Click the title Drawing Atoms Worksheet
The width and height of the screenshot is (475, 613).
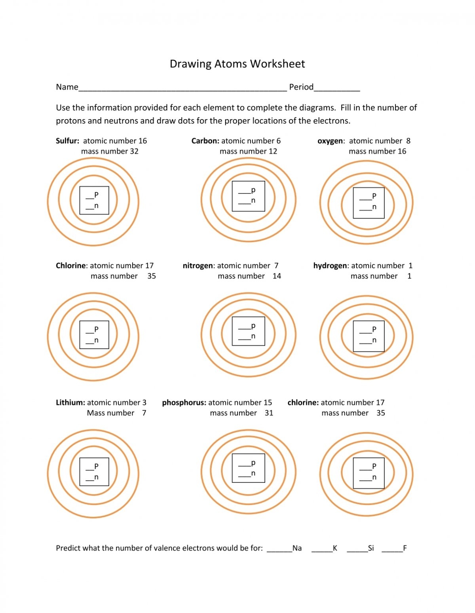237,64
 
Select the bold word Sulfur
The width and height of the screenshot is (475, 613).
67,141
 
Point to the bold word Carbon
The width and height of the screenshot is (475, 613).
205,141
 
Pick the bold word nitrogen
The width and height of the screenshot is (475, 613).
198,266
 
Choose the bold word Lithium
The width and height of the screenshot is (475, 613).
70,402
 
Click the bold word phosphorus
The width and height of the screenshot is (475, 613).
184,402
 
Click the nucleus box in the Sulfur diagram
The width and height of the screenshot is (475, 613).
94,200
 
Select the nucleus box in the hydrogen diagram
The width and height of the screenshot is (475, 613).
369,336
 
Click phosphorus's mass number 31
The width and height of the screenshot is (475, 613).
269,413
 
